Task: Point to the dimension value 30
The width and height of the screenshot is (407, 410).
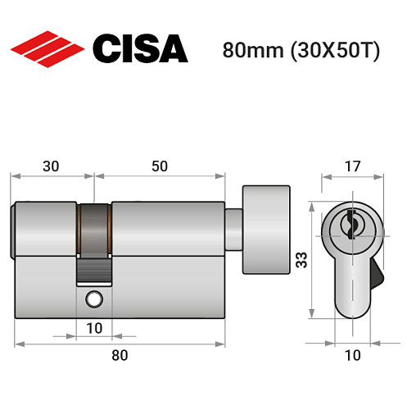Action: [x=50, y=166]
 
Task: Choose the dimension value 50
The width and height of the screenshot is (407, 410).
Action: [x=159, y=166]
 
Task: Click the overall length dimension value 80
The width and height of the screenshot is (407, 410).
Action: [x=120, y=355]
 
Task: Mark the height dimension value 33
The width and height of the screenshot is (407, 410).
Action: [x=302, y=261]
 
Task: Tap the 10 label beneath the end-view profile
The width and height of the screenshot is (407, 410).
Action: [x=350, y=355]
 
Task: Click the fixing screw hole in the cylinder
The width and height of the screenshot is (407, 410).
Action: [x=96, y=300]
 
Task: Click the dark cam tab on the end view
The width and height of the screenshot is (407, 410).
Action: [x=378, y=270]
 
